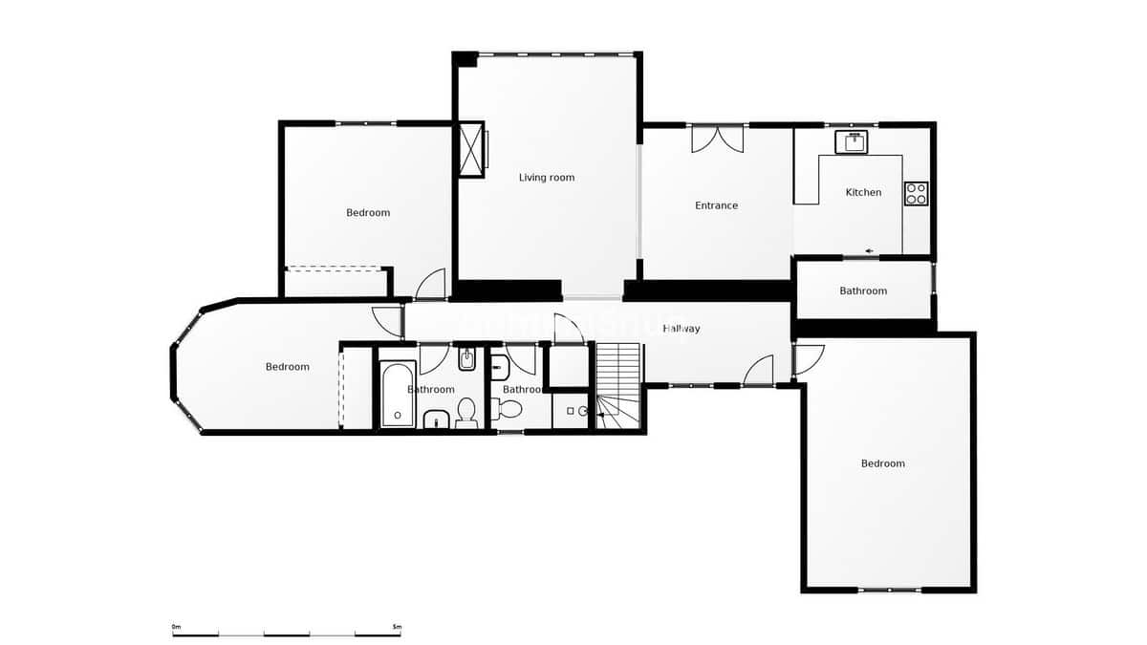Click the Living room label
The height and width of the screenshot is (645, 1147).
[547, 178]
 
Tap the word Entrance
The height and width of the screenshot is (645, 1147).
[716, 205]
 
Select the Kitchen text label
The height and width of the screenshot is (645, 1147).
[863, 193]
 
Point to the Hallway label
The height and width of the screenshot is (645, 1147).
[682, 329]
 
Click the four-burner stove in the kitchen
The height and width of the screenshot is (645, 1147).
[916, 193]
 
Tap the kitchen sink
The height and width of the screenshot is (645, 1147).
[851, 142]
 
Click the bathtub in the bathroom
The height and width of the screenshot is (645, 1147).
[398, 393]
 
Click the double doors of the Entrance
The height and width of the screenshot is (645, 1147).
[718, 139]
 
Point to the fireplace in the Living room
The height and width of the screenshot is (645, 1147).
[471, 149]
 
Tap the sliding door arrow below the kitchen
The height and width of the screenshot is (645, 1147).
[870, 251]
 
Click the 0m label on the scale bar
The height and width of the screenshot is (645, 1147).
[176, 627]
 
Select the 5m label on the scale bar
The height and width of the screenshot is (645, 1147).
[397, 627]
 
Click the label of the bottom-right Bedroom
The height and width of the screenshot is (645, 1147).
[882, 464]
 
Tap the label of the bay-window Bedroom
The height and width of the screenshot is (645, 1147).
[287, 367]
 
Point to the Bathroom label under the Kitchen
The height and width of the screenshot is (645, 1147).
[863, 291]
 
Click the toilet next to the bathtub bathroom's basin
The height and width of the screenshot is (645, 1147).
[466, 413]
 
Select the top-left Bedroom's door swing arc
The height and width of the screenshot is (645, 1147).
[431, 284]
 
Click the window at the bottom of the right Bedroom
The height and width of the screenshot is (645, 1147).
[890, 590]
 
